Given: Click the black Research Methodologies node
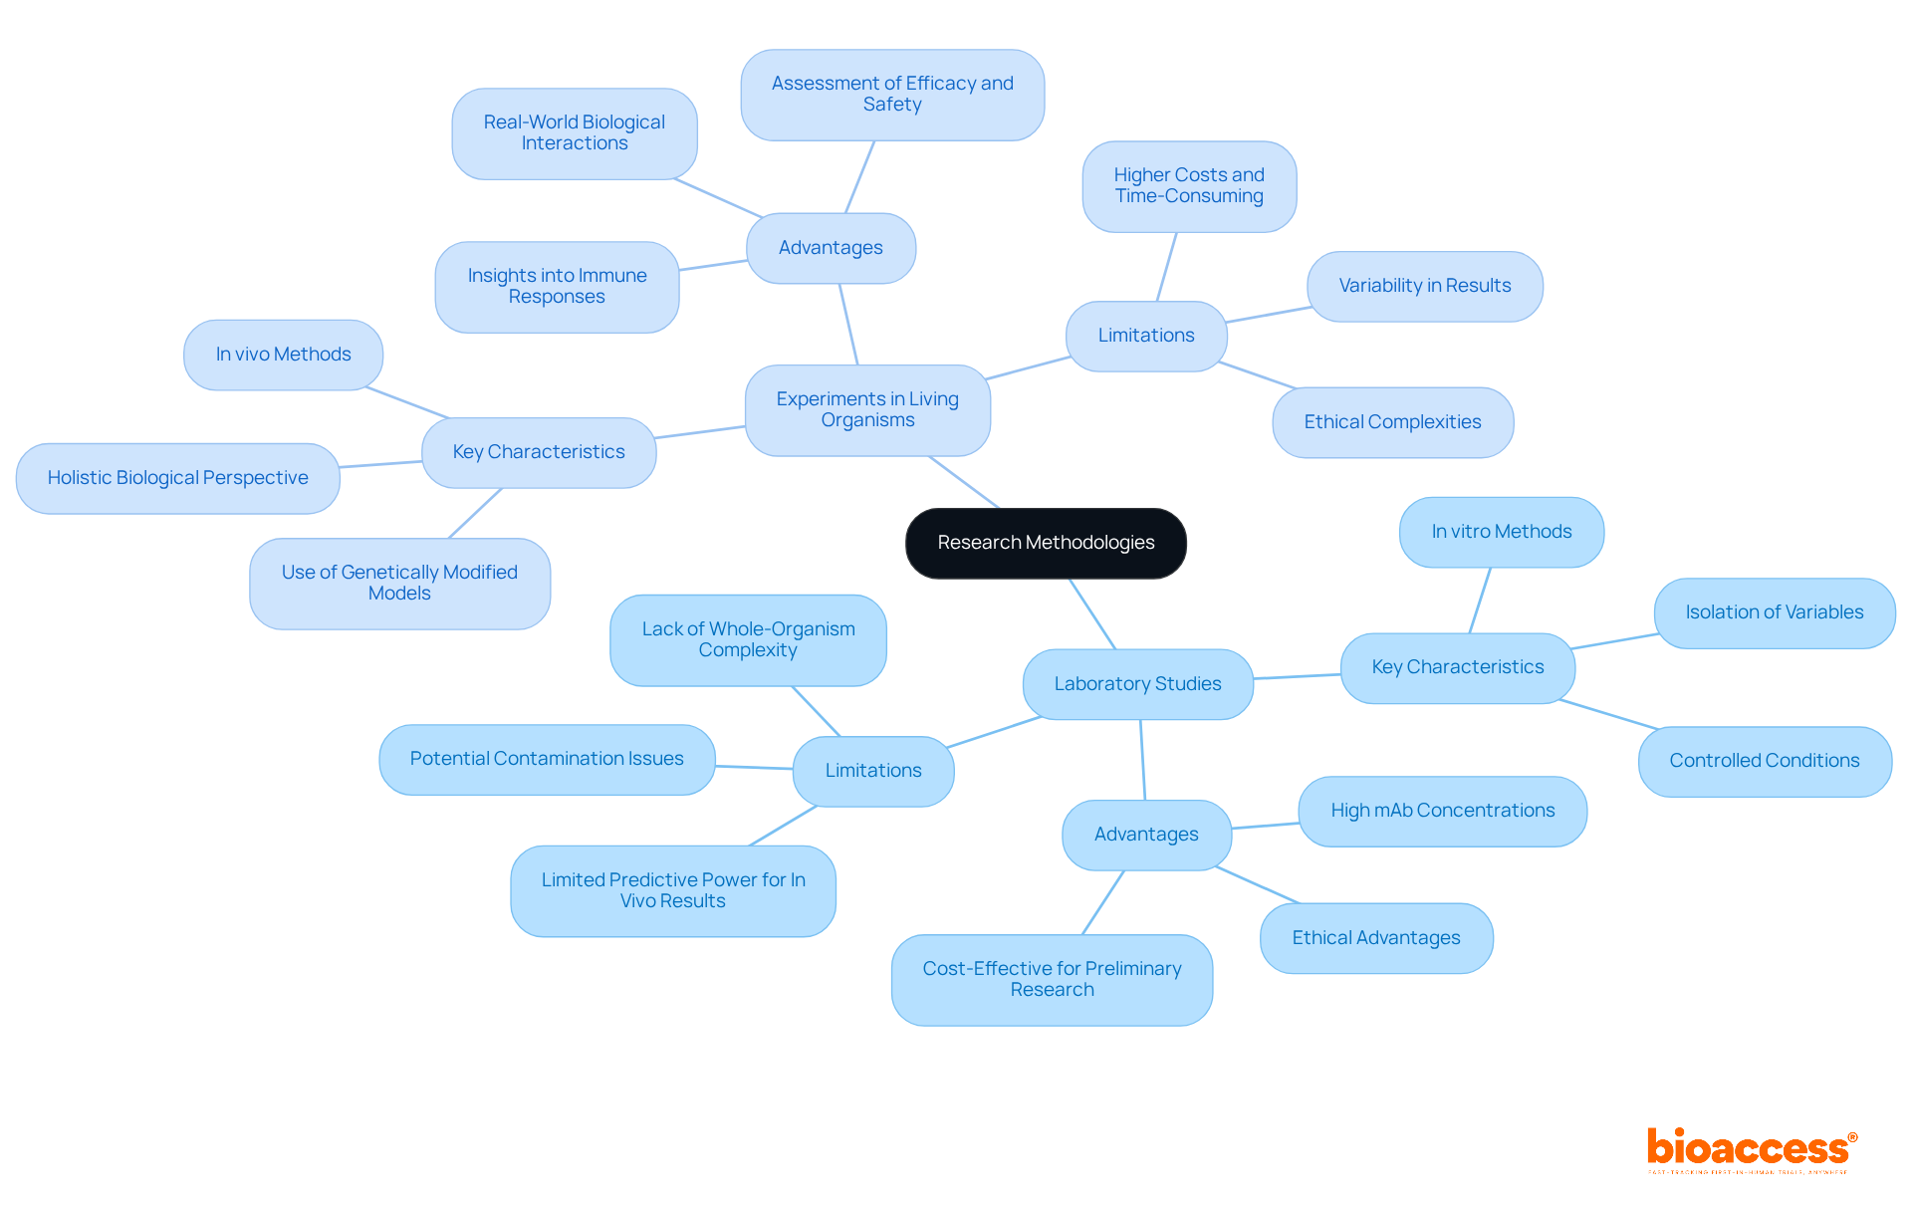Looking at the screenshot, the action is tap(1046, 543).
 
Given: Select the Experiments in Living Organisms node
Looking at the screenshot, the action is tap(867, 409).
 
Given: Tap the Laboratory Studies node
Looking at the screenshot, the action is tap(1137, 684).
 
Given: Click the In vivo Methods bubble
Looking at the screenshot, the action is tap(283, 355).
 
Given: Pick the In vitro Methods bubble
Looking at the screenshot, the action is tap(1501, 532).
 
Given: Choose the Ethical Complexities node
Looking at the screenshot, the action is tap(1392, 422).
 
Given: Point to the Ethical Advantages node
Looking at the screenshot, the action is tap(1375, 938).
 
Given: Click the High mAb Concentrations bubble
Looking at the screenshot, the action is tap(1442, 811).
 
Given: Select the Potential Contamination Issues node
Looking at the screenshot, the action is tap(547, 759).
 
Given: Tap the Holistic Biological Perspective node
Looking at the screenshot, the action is tap(177, 478).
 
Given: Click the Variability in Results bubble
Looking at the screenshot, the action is tap(1424, 286).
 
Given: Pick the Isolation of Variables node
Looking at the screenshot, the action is tap(1774, 612).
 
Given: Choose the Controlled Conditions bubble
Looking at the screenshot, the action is tap(1764, 761).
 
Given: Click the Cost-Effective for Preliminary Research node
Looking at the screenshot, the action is tap(1052, 979).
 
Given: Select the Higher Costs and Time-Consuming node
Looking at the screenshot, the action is tap(1189, 186).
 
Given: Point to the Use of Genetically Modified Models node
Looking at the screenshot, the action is tap(399, 583).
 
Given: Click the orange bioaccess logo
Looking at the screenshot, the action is tap(1751, 1148).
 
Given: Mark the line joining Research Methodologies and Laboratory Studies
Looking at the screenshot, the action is tap(1092, 613).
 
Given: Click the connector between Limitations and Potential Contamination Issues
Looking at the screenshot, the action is tap(754, 767).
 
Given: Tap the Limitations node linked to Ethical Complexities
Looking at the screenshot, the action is tap(1146, 336).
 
